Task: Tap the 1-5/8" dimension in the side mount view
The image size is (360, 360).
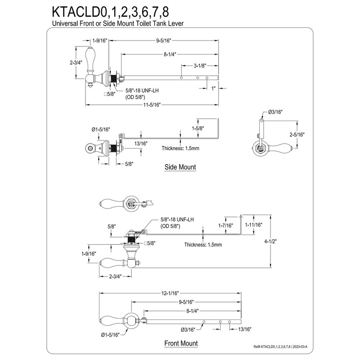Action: [197, 128]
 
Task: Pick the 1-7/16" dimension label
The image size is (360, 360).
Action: [225, 225]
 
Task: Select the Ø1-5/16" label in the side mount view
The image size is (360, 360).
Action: [101, 130]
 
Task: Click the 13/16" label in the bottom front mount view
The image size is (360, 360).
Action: [245, 330]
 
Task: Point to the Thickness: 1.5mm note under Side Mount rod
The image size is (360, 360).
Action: [181, 148]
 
